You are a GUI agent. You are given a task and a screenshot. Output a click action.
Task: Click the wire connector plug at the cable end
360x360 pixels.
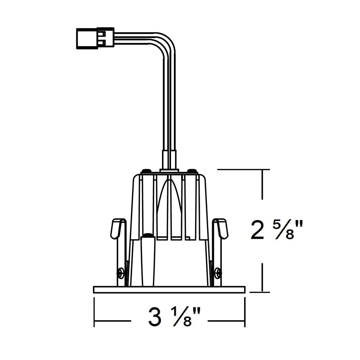(95, 38)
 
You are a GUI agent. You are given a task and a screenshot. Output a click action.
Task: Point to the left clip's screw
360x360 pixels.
(120, 273)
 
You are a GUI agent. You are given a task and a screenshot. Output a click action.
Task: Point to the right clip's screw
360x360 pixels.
(219, 273)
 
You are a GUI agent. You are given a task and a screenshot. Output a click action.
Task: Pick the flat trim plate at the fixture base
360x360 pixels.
(169, 289)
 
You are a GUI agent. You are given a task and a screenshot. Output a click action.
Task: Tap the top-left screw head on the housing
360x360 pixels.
(147, 171)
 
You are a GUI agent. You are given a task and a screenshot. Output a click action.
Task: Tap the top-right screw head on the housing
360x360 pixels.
(192, 171)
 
